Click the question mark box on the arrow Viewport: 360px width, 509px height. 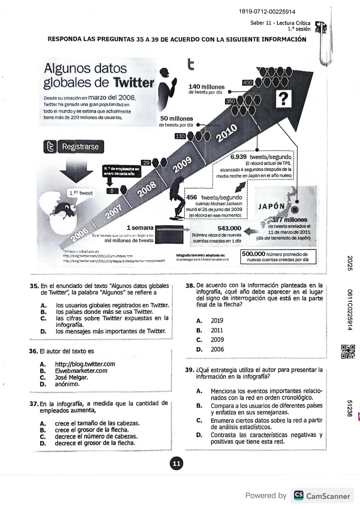(x=283, y=99)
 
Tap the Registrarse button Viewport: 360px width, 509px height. (x=80, y=147)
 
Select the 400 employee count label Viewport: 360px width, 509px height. (x=248, y=82)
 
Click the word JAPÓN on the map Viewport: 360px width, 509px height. (x=272, y=206)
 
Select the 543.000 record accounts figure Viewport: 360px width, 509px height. (x=229, y=228)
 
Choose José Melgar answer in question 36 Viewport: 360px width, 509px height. (x=71, y=377)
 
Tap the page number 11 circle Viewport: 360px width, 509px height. (x=176, y=463)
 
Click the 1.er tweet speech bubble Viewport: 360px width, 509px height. (x=81, y=193)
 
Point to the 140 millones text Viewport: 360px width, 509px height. (x=207, y=87)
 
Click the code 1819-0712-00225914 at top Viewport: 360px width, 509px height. (x=267, y=12)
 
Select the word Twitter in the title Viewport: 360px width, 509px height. (x=134, y=83)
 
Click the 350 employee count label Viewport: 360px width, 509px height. (x=230, y=101)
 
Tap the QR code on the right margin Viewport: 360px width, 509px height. (x=348, y=352)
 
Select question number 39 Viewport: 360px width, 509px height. (x=189, y=370)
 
